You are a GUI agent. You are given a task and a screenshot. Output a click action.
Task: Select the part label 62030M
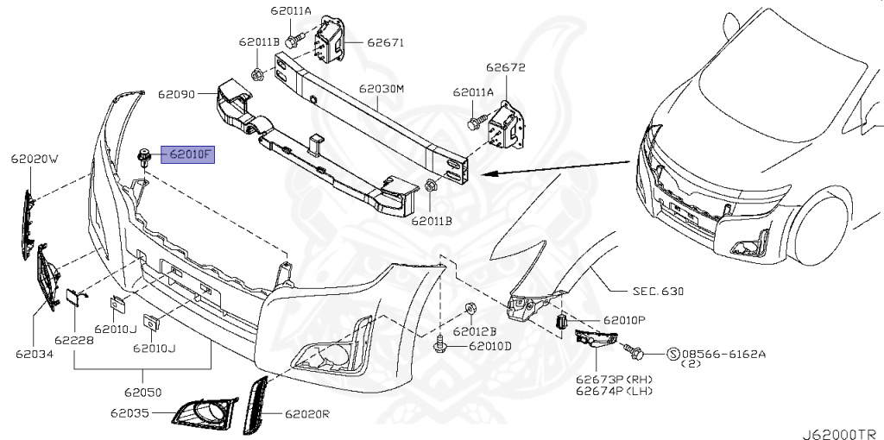click(x=382, y=89)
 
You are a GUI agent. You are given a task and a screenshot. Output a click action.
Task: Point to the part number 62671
click(x=385, y=41)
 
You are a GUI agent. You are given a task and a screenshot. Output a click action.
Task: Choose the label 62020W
click(x=35, y=160)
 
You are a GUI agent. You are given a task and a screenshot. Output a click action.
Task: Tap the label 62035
click(x=130, y=414)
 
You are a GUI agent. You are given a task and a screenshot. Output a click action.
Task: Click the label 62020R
click(x=307, y=415)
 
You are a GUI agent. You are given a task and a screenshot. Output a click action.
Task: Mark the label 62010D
click(x=490, y=347)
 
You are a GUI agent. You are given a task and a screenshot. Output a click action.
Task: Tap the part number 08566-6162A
click(x=723, y=354)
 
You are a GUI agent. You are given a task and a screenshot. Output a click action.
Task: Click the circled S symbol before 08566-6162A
click(x=673, y=353)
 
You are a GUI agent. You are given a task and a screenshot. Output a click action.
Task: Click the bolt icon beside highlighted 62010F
click(x=144, y=156)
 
